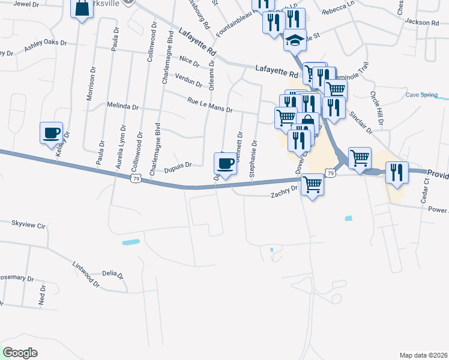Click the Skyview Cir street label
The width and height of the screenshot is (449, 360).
point(28,225)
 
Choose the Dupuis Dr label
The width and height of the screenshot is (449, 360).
point(178,164)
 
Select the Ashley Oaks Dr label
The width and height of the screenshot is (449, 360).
point(46,46)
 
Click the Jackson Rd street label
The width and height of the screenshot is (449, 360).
point(421,22)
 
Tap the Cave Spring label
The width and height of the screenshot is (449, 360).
point(421,95)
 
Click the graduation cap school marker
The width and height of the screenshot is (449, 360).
point(294,40)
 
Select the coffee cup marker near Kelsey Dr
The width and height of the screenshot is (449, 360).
point(52,133)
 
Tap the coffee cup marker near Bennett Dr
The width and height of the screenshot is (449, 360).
point(226,163)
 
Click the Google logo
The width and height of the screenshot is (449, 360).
point(20,353)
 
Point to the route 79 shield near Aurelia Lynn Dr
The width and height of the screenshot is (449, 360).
point(136,179)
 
